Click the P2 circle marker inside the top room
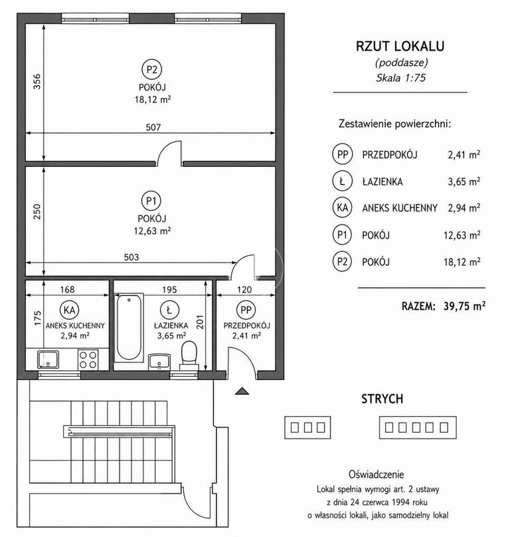click(x=151, y=70)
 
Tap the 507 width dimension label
click(x=153, y=128)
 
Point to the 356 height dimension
click(x=37, y=82)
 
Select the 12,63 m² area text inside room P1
click(x=152, y=231)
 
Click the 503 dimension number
click(x=131, y=257)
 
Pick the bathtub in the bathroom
click(x=129, y=328)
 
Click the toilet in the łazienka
click(x=189, y=356)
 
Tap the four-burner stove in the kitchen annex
click(x=88, y=360)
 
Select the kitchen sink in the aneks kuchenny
click(x=48, y=360)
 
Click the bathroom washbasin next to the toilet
click(x=159, y=362)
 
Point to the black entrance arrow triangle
click(x=242, y=391)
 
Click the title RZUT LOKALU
click(x=400, y=47)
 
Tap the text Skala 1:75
click(x=401, y=78)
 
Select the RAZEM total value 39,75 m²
click(x=464, y=306)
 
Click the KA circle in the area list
click(x=342, y=207)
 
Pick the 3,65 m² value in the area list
click(x=464, y=181)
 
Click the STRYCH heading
click(x=382, y=399)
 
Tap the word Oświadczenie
click(x=376, y=475)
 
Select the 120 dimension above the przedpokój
click(x=244, y=290)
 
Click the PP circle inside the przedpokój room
click(x=246, y=310)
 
